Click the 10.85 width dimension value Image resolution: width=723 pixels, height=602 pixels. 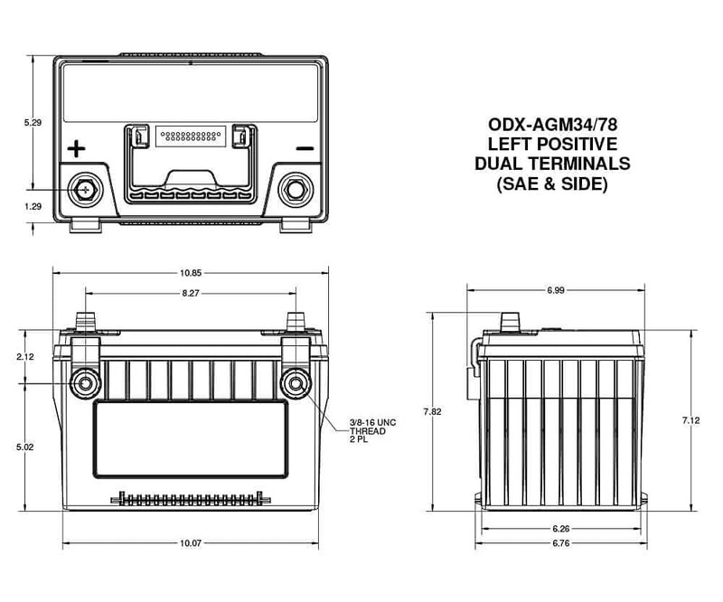190,272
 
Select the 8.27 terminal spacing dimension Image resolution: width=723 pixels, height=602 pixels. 190,293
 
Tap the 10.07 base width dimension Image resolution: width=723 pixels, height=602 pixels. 190,543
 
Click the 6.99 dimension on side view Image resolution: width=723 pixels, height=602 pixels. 556,288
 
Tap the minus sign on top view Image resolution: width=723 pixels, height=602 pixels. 305,148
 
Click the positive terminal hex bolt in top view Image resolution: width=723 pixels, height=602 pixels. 85,190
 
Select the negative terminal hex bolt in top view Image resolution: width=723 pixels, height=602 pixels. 295,190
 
